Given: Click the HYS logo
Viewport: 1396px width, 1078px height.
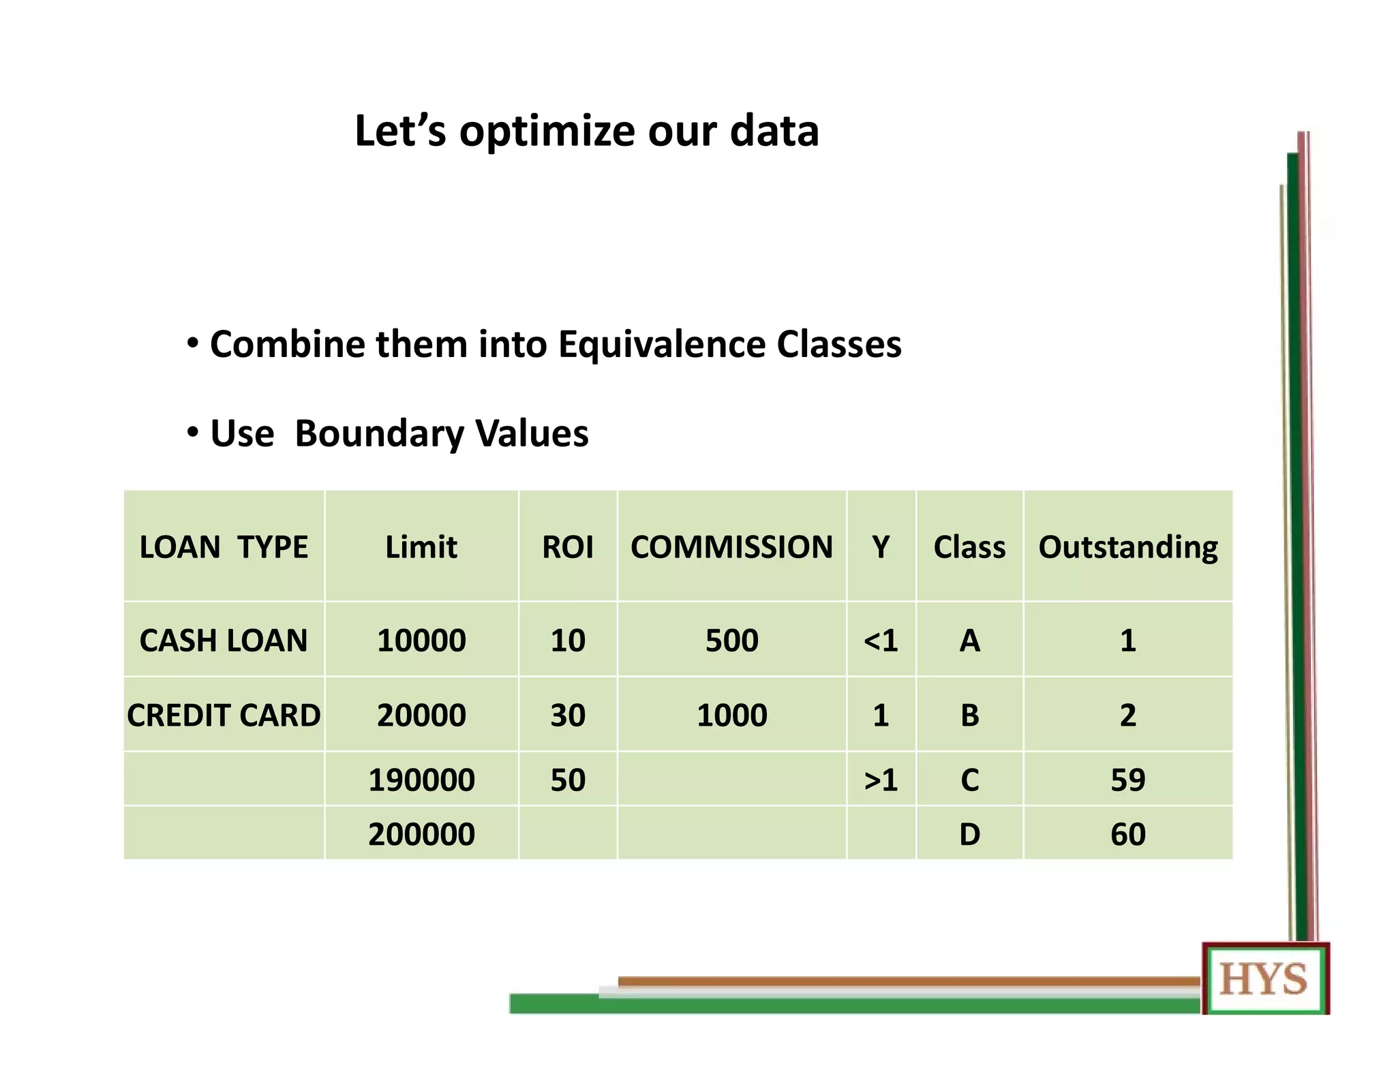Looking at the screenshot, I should coord(1264,979).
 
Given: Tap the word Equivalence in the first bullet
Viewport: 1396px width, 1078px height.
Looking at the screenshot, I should coord(662,343).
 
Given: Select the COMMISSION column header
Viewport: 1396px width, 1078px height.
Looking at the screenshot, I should coord(731,547).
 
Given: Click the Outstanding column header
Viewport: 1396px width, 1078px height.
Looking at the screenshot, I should coord(1127,547).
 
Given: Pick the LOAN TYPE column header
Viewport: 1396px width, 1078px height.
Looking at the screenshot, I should coord(224,547).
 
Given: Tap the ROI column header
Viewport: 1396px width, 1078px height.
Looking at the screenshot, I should coord(567,547).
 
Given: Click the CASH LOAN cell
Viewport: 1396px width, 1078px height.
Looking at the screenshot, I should coord(224,641).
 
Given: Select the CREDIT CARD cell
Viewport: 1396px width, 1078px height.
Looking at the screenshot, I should coord(224,715).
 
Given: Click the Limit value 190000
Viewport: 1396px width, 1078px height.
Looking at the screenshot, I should coord(421,780).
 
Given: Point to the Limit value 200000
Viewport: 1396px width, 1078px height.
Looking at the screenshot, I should coord(421,834).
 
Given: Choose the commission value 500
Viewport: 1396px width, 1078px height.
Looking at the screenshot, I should coord(731,641).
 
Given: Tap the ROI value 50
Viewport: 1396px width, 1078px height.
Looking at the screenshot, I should coord(567,780).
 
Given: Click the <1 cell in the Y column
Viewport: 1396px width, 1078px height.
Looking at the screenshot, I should coord(881,641).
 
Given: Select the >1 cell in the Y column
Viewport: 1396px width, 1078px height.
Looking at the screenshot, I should coord(881,780).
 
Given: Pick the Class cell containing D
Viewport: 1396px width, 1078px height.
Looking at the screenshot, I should coord(969,834).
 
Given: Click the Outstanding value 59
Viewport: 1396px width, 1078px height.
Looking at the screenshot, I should coord(1127,780).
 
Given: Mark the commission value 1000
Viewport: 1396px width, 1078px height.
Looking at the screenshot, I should coord(731,715).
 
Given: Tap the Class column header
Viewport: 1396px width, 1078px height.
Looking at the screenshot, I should coord(969,547).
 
